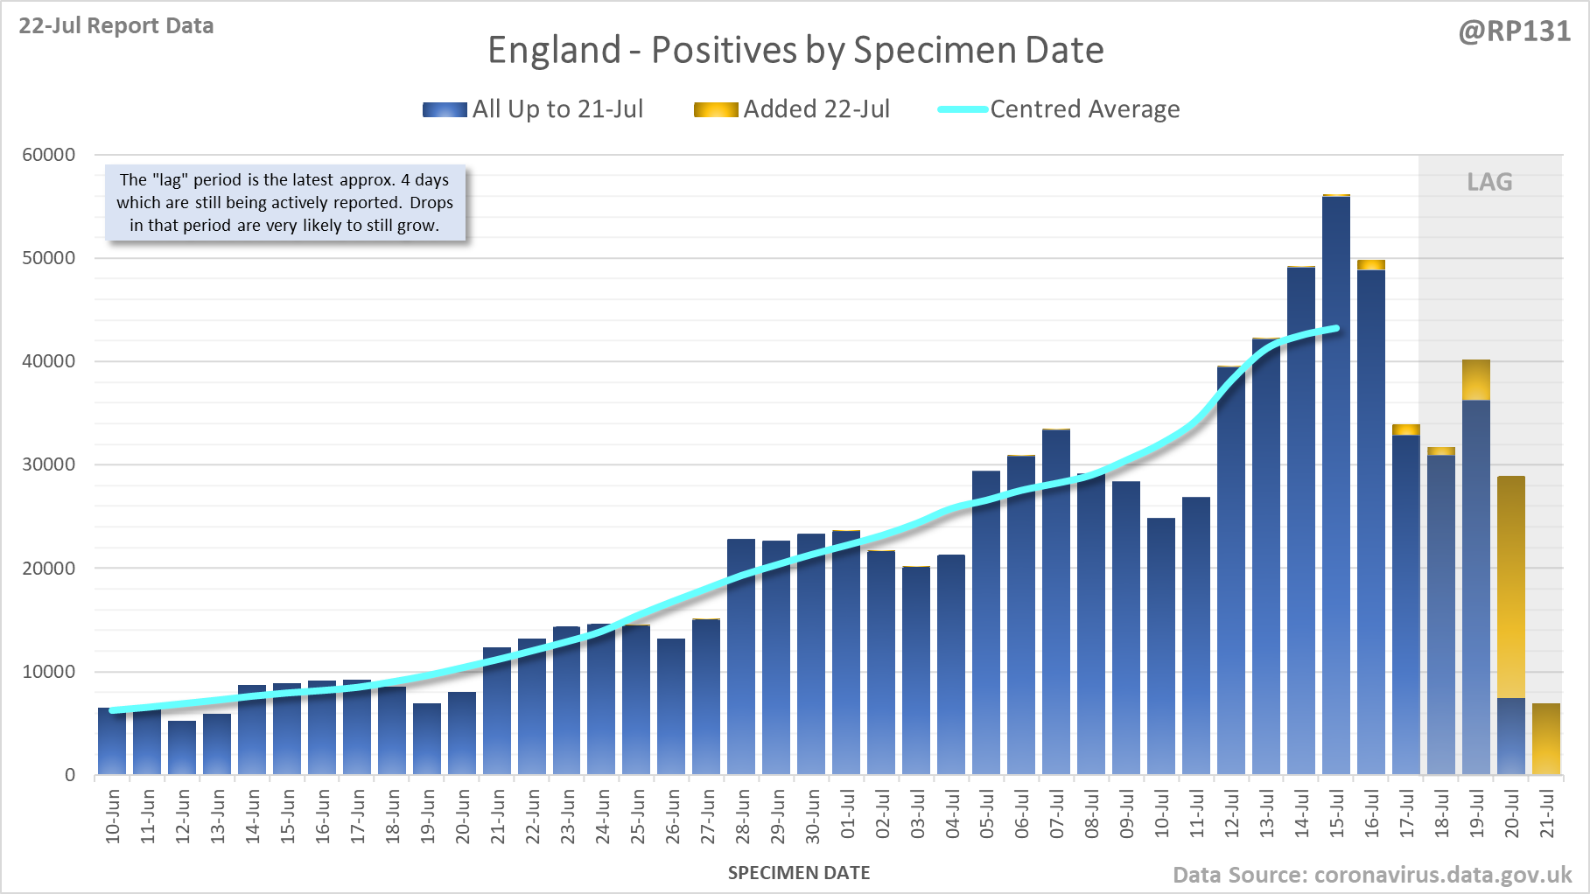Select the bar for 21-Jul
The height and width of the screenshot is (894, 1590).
click(1546, 739)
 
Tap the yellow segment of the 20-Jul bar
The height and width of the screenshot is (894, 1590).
click(1511, 586)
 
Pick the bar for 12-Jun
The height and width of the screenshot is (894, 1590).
click(182, 748)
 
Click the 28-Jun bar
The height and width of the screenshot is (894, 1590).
click(741, 656)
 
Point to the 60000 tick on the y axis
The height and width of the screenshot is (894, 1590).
click(49, 155)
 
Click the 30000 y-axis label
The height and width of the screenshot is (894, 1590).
click(49, 464)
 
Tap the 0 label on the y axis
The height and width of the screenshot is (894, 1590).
click(70, 775)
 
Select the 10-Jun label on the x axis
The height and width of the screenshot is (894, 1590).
click(113, 816)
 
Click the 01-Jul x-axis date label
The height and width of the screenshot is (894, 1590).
click(847, 814)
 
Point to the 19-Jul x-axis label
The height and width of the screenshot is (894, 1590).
click(1476, 814)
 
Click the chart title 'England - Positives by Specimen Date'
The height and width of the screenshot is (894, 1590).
click(795, 50)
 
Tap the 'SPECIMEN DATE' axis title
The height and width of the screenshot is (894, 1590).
click(799, 873)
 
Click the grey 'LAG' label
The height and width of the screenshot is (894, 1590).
click(1489, 182)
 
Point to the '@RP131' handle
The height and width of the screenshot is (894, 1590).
click(1514, 31)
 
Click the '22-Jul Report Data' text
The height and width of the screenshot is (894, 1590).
click(116, 26)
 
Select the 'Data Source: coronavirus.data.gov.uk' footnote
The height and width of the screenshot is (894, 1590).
click(1372, 875)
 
